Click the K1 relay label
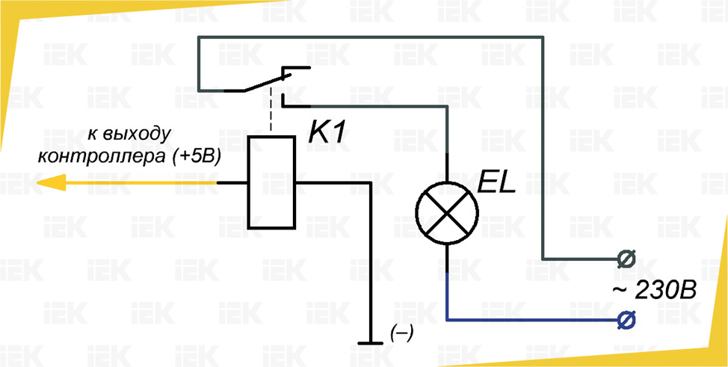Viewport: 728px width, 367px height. pos(330,134)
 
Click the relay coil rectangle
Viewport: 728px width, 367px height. pos(271,182)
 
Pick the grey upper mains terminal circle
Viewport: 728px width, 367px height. pos(624,259)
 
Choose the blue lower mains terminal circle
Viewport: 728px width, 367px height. pos(624,320)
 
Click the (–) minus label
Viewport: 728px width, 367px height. pos(401,333)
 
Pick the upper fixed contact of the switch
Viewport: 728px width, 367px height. pos(295,69)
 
